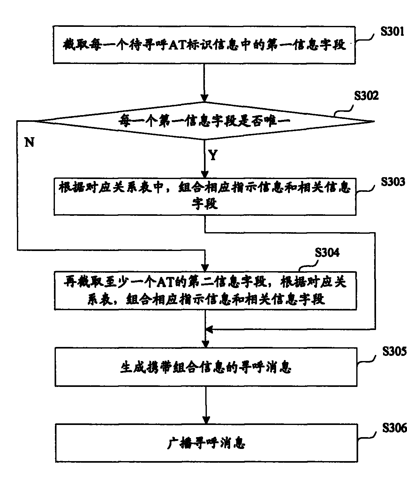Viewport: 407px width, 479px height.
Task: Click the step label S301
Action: coord(392,33)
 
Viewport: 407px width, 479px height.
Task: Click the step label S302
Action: coord(366,96)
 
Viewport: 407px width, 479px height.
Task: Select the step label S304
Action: coord(327,253)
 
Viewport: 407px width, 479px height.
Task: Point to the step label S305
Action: coord(394,351)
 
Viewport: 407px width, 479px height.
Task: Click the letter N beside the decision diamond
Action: coord(29,142)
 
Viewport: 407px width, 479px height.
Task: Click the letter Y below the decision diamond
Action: coord(213,155)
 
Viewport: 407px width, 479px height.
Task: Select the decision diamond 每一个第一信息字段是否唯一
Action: coord(204,121)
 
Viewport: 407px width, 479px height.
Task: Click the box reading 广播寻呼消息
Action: coord(206,443)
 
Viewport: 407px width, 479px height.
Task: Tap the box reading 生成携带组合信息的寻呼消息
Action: coord(206,367)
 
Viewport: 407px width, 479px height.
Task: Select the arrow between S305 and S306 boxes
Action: coord(206,405)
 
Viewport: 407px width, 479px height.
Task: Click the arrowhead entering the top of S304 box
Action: coord(205,267)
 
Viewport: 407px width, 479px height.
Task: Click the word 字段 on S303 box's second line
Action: coord(205,203)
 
